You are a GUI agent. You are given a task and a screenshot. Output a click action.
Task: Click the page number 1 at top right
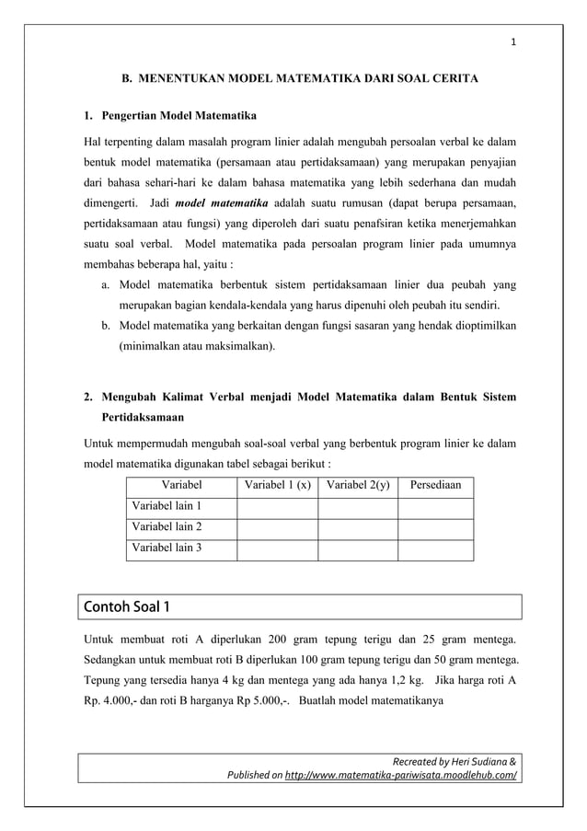click(513, 40)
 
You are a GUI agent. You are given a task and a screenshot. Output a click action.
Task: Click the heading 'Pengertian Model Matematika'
click(178, 116)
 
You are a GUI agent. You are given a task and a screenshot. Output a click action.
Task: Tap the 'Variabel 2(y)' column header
click(358, 484)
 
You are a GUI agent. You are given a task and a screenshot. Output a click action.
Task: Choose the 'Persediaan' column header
click(435, 484)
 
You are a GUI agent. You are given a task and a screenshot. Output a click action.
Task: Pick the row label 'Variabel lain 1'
click(167, 506)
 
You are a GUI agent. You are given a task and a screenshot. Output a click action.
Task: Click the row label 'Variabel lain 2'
click(167, 527)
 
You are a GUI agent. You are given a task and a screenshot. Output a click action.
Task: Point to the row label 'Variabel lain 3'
click(167, 548)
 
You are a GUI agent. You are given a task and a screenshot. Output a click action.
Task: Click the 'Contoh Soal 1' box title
click(127, 607)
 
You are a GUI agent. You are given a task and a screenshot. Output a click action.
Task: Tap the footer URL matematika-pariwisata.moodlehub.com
click(389, 775)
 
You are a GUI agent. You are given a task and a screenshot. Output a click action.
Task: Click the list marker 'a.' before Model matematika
click(108, 285)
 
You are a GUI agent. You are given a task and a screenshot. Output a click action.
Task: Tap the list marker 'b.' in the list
click(108, 326)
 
